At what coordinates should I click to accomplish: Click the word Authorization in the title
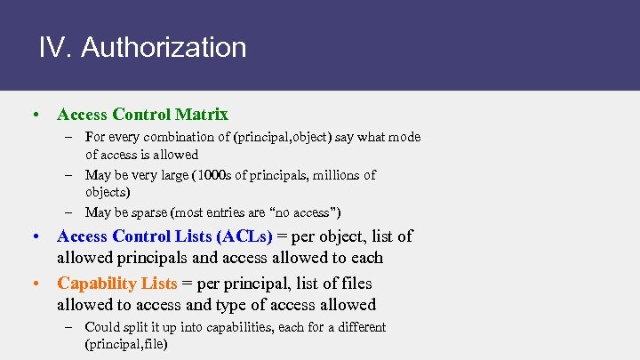tap(164, 47)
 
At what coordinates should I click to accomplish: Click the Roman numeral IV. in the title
tap(55, 47)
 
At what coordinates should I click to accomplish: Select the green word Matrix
tap(202, 115)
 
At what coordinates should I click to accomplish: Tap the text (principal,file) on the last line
tap(126, 344)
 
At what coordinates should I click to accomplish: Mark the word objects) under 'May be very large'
tap(108, 192)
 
